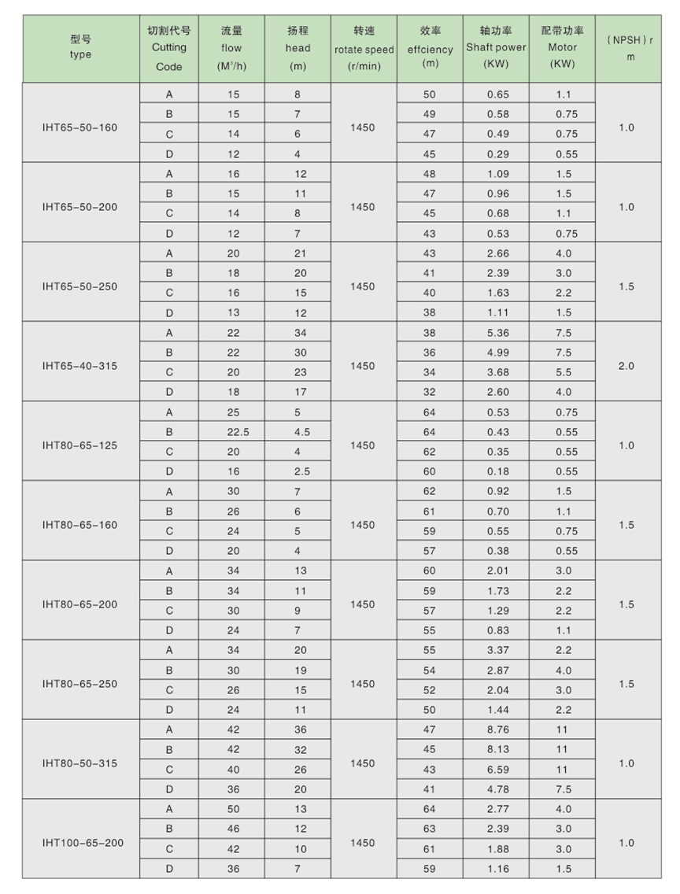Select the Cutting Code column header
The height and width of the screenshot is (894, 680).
(168, 48)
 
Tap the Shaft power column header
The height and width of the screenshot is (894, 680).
(496, 48)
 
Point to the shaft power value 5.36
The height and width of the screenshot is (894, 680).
(498, 332)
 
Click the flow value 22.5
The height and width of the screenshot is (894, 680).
(232, 432)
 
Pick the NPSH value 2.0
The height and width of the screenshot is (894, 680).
(626, 366)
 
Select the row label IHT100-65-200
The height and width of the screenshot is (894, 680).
(83, 843)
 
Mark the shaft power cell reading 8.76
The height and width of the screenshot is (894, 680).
(498, 730)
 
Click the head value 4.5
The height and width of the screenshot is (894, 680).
(300, 432)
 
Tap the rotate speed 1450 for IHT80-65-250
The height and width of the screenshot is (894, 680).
(363, 684)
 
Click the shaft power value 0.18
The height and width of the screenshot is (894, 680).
(498, 471)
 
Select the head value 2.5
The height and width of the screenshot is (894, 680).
(300, 471)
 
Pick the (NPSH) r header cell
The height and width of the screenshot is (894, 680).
(630, 48)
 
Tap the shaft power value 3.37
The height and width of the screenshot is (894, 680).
(498, 650)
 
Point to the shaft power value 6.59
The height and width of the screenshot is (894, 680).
(498, 769)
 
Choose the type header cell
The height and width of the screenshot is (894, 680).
(80, 48)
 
